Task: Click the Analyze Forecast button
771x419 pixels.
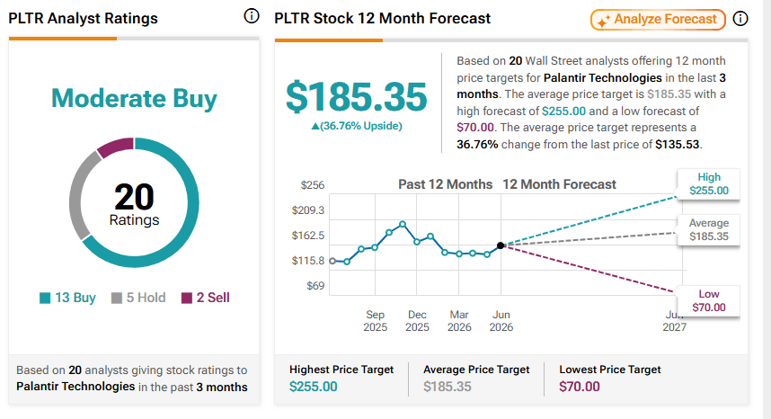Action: click(x=658, y=20)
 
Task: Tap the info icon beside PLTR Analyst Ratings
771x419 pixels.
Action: click(x=252, y=16)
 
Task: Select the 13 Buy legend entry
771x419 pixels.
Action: click(x=68, y=298)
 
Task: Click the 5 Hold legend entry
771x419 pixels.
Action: click(x=138, y=298)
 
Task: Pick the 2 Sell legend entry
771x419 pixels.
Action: click(x=206, y=298)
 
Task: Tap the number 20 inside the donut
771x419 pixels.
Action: click(x=134, y=197)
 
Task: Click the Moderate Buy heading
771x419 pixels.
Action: click(x=134, y=98)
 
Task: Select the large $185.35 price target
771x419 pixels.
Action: click(x=357, y=97)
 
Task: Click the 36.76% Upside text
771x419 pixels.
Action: click(x=357, y=126)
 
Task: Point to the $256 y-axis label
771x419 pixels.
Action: click(x=313, y=185)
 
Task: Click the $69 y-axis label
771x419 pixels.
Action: click(x=315, y=286)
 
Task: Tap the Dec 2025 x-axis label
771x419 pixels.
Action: click(x=417, y=321)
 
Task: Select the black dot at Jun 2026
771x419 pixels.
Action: click(x=501, y=245)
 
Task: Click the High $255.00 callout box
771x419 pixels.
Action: click(x=709, y=184)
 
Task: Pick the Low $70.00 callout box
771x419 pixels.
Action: click(x=709, y=300)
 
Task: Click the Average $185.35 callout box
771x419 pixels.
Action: click(x=709, y=229)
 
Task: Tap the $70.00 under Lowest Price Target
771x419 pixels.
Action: click(x=580, y=387)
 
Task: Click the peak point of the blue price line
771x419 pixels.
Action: click(x=403, y=224)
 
